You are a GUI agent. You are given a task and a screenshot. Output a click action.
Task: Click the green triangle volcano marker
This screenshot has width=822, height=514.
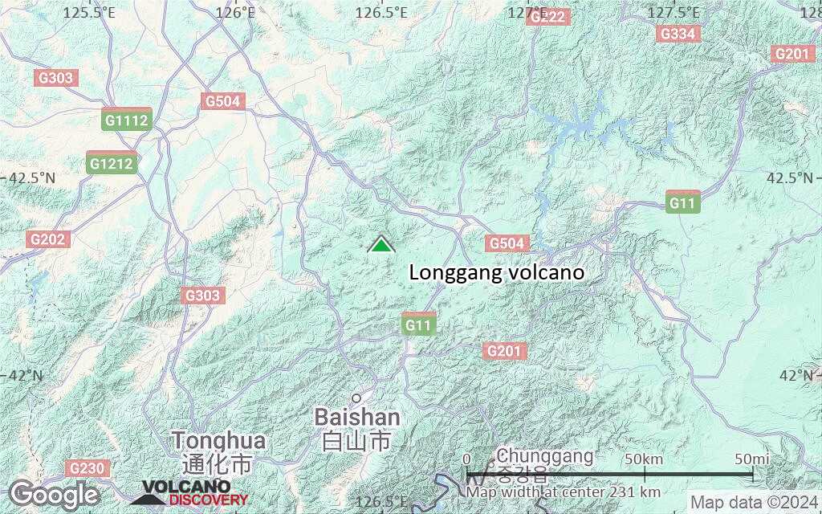point(381,244)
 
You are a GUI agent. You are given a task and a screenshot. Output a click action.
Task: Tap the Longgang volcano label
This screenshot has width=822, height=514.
point(497,273)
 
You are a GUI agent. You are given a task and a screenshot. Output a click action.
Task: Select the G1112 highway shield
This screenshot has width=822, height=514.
point(127,120)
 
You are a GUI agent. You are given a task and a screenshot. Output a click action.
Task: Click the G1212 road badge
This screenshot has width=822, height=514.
point(112,163)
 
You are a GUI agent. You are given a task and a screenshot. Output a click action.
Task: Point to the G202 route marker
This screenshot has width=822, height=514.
point(49,239)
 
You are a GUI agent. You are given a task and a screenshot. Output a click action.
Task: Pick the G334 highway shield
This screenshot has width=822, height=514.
point(677,33)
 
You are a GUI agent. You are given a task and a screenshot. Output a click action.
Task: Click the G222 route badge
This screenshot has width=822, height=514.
point(549,17)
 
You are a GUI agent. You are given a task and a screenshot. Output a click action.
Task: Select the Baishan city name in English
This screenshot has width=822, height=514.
point(357,418)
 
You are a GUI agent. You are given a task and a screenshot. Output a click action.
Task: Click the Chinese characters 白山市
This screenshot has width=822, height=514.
point(356,441)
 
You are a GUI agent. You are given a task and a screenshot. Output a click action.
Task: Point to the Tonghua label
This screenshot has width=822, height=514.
point(218,440)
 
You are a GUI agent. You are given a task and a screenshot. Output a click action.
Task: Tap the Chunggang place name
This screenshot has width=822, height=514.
point(545,456)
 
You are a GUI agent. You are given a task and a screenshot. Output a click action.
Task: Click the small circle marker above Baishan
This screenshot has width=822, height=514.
point(356,397)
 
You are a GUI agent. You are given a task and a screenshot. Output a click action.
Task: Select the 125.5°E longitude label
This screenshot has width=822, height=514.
point(88,12)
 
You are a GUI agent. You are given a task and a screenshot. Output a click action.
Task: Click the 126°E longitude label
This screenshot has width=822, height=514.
point(236,12)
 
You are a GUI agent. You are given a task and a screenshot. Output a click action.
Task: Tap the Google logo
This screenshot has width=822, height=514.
point(54,494)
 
